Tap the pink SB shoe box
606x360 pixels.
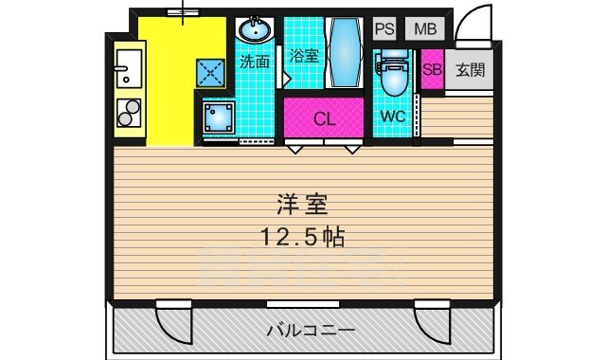[x=432, y=70]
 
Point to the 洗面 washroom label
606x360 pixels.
[x=254, y=63]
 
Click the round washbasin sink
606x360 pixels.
[x=254, y=31]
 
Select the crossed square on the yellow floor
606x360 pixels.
[x=209, y=72]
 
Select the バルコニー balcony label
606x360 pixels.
[x=310, y=332]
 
